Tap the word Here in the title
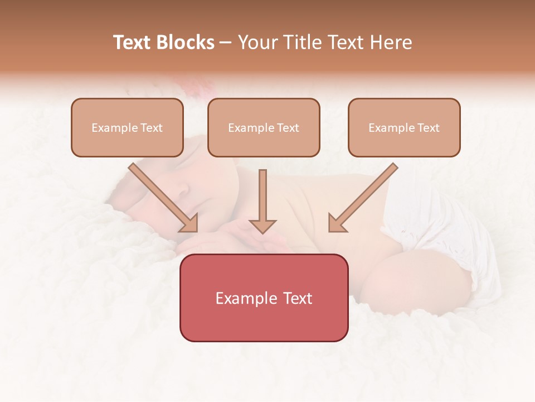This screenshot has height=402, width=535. coord(391,42)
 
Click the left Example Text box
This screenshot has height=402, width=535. coord(127,127)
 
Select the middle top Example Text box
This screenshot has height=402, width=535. coord(264,127)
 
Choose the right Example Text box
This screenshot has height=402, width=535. coord(404,127)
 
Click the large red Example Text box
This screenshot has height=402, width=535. coord(264,298)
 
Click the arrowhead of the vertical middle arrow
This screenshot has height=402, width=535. coord(262,226)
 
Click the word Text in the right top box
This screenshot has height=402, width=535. coord(428,128)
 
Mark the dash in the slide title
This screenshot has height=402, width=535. coord(226,43)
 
